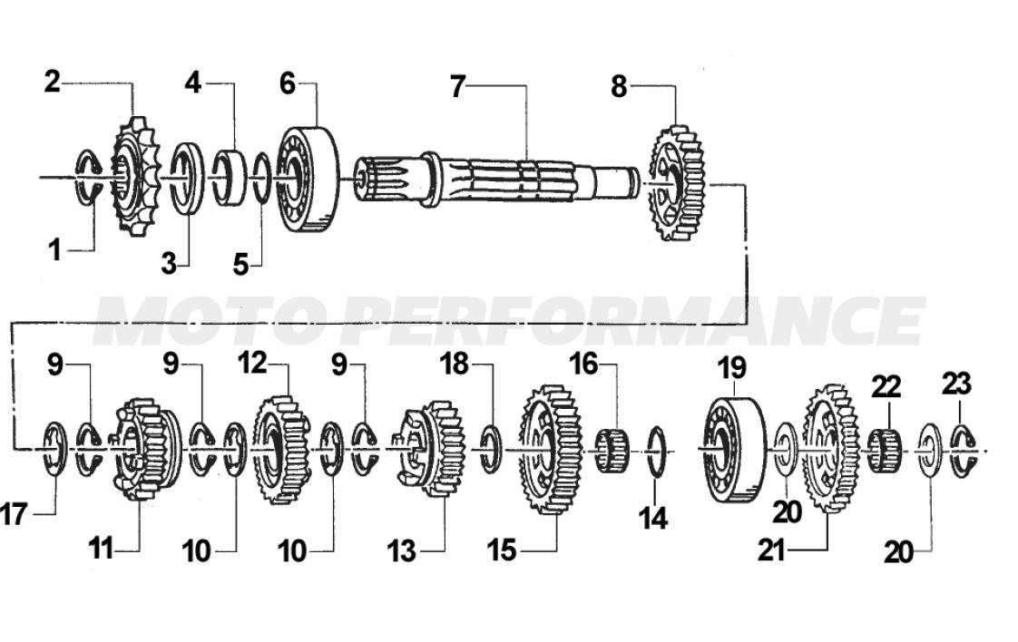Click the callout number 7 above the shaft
click(x=458, y=87)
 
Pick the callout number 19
click(x=732, y=369)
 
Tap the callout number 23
click(x=957, y=384)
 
